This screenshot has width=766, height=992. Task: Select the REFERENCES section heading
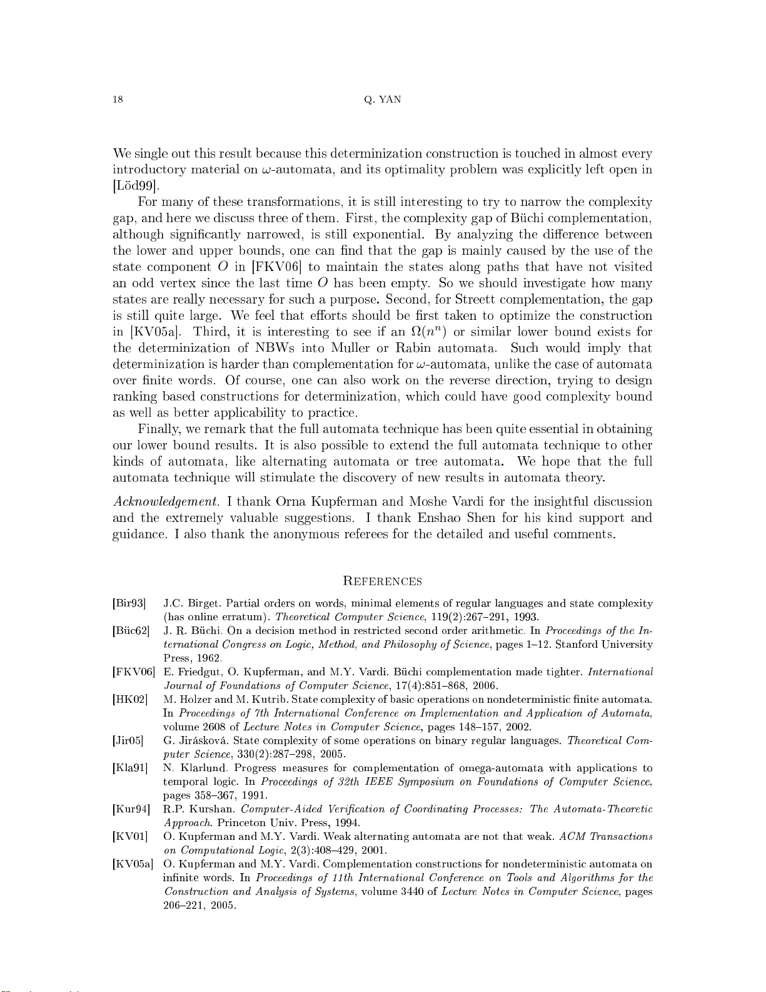[x=383, y=581]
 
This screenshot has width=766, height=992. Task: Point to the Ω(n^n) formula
[x=425, y=331]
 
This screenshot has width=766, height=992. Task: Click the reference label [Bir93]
[x=129, y=604]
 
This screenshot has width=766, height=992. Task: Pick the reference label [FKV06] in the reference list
[x=134, y=672]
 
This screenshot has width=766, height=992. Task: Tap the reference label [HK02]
[x=130, y=700]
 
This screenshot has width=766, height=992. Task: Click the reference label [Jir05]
[x=128, y=741]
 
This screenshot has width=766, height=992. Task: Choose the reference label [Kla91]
[x=130, y=769]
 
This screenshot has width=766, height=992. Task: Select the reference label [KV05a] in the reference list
[x=133, y=864]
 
